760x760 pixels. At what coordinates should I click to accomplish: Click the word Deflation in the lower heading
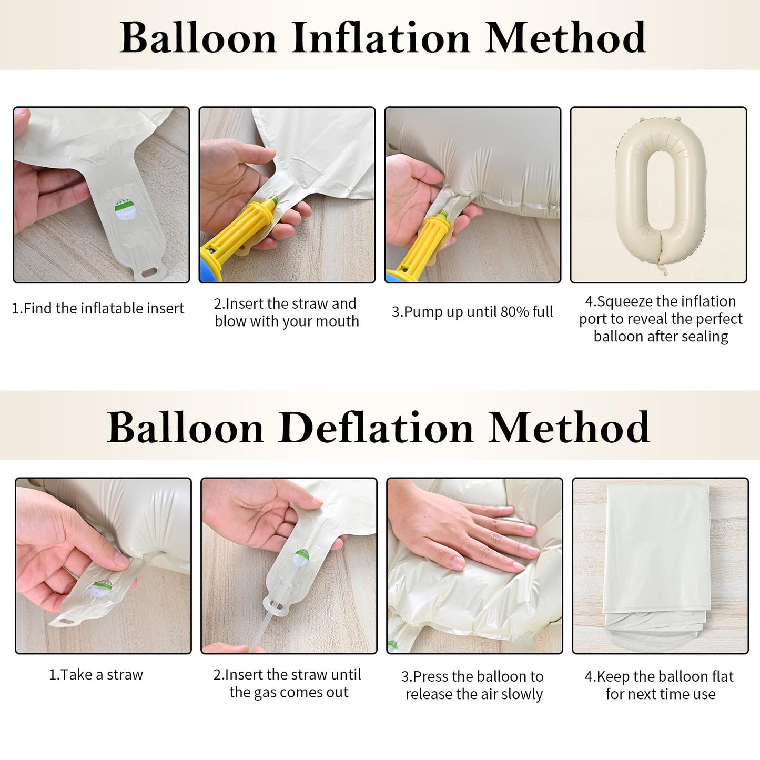point(377,428)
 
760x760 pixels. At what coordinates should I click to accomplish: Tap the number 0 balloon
point(660,193)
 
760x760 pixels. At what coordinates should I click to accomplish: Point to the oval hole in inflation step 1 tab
point(149,272)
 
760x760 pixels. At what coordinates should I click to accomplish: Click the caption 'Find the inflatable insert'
point(98,308)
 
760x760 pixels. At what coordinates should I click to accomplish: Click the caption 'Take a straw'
point(96,675)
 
